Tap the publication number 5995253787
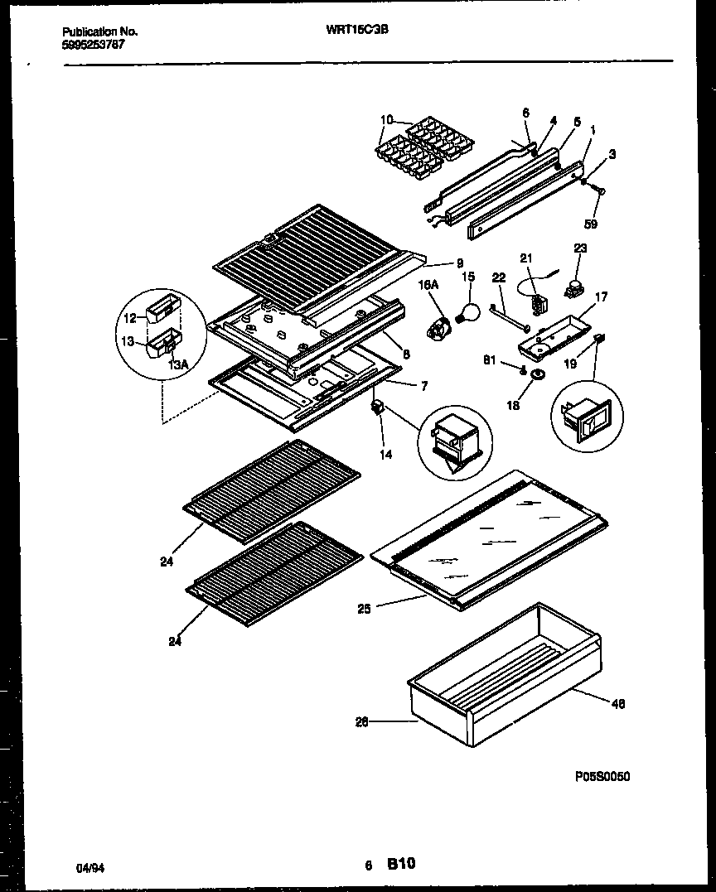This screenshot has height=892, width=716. click(94, 45)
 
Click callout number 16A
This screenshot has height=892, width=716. click(428, 284)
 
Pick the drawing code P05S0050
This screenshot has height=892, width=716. click(602, 776)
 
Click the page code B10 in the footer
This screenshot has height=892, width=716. click(400, 864)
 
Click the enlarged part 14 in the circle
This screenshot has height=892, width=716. click(455, 439)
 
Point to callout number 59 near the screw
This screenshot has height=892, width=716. click(592, 223)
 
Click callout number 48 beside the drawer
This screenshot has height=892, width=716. click(618, 704)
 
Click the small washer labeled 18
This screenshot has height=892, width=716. click(537, 378)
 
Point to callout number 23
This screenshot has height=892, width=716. click(580, 247)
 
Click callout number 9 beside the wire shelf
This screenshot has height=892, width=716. click(459, 263)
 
